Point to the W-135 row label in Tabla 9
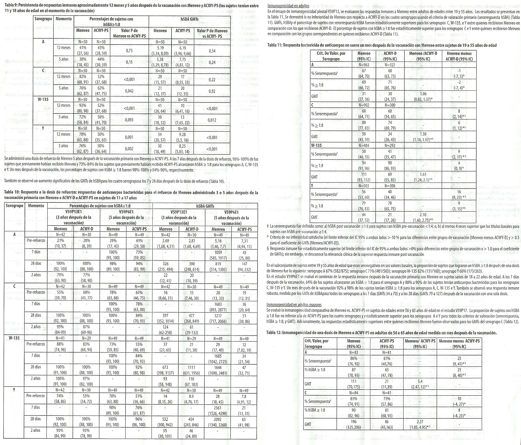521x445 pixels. click(x=42, y=100)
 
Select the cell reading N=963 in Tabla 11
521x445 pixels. click(x=364, y=65)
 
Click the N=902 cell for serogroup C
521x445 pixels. click(x=364, y=105)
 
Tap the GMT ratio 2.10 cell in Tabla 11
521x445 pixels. click(x=423, y=215)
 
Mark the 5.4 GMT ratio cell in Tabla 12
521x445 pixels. click(x=420, y=381)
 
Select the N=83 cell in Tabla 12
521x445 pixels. click(x=354, y=352)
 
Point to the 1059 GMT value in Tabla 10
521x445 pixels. click(x=218, y=252)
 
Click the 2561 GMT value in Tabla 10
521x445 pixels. click(x=218, y=408)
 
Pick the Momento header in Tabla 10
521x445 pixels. click(x=36, y=206)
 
